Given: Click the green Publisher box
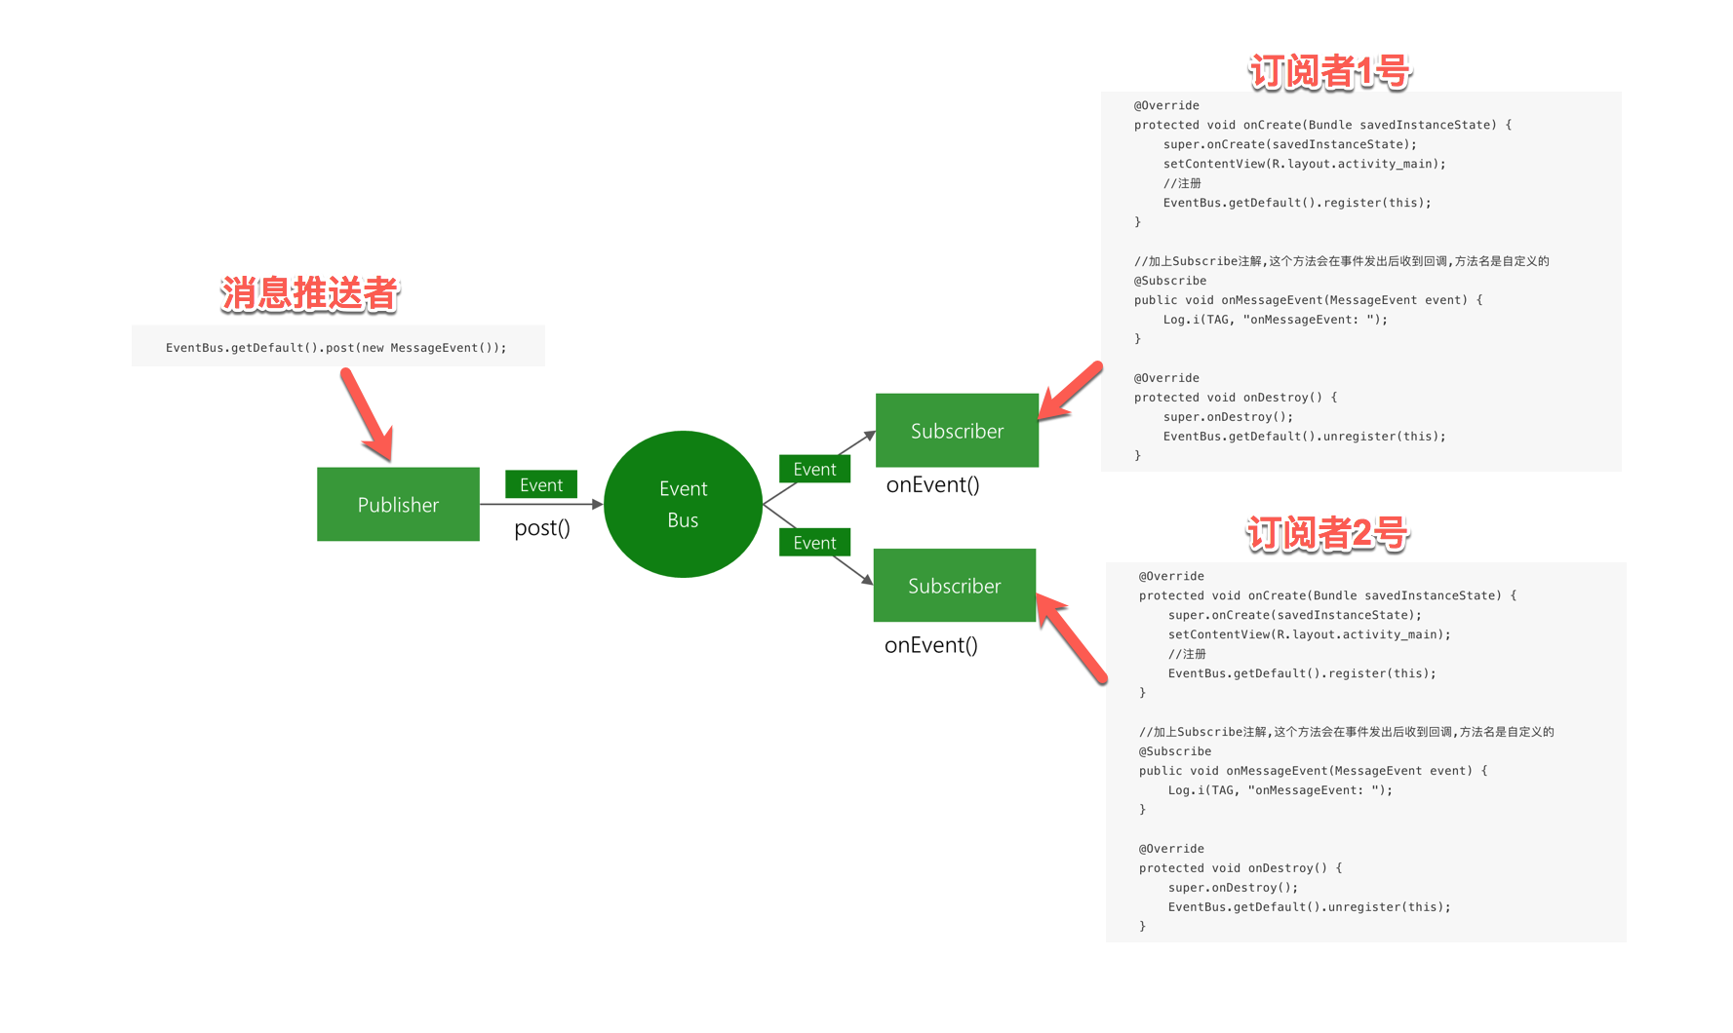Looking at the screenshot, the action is (x=398, y=504).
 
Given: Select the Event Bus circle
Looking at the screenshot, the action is (x=683, y=504).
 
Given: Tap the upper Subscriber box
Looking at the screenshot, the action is (x=957, y=430).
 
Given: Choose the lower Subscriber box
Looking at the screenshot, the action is (x=955, y=585).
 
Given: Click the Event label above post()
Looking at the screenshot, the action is (x=541, y=484).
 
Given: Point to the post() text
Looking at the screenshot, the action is (x=542, y=528).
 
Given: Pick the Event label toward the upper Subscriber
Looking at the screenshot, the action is (x=814, y=469).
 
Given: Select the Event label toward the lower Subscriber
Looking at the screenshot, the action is (x=814, y=543).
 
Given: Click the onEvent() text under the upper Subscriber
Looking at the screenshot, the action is (x=932, y=484).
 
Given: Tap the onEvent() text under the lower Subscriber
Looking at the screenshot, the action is (x=931, y=645).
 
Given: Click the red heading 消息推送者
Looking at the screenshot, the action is (x=310, y=293).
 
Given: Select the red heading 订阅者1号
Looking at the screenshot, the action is (x=1329, y=71).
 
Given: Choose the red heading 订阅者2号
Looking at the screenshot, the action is (x=1327, y=533).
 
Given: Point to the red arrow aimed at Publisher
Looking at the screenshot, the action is (x=367, y=414).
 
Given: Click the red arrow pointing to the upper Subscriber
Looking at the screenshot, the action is (x=1071, y=391).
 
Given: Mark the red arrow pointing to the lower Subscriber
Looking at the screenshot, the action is (x=1071, y=638).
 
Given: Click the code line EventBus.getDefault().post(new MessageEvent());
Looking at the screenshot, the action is (x=336, y=348).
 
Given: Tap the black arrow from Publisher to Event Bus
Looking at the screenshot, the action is (x=541, y=504).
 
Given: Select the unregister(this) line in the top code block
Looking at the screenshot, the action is (x=1305, y=437).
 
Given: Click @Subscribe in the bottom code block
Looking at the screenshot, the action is (x=1175, y=751).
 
